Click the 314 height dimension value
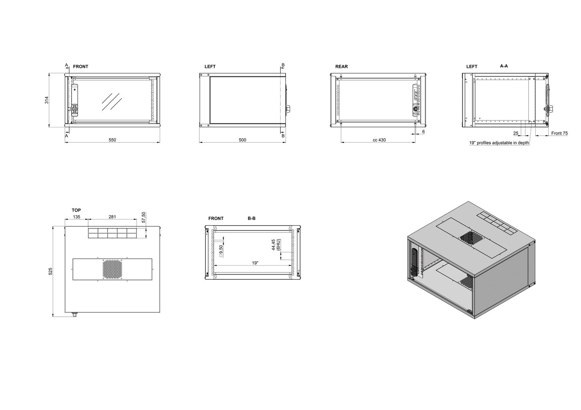(x=47, y=100)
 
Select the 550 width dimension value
(x=112, y=140)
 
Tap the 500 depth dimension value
(x=243, y=140)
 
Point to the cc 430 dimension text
(x=379, y=140)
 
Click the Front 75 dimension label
(x=560, y=133)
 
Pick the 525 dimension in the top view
(x=50, y=271)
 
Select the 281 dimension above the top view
(x=112, y=217)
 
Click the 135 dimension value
(x=77, y=217)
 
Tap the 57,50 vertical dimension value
(x=144, y=217)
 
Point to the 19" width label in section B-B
(x=255, y=263)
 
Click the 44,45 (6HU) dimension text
(x=276, y=245)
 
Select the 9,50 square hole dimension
(x=221, y=251)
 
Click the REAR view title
(x=342, y=67)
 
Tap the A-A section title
(x=504, y=66)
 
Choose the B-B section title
(x=252, y=218)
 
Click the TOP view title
(x=76, y=210)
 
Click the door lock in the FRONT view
(x=74, y=109)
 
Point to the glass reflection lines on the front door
(x=111, y=102)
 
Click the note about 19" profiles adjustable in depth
(x=499, y=143)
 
